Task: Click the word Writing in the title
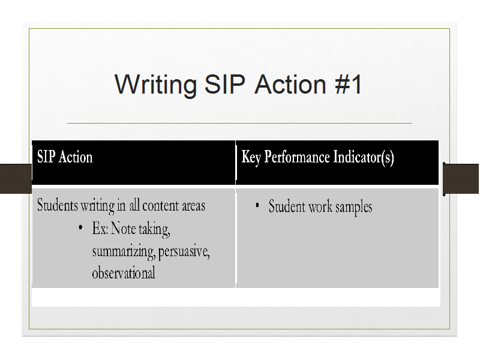[155, 85]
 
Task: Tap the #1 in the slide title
[349, 84]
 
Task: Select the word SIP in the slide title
[225, 84]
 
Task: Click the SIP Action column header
[65, 157]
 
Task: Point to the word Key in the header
[251, 158]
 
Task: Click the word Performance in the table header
[296, 157]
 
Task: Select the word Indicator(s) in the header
[364, 158]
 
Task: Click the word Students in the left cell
[58, 205]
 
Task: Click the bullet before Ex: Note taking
[80, 227]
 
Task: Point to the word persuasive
[184, 252]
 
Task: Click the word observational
[124, 273]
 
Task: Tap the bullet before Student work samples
[257, 205]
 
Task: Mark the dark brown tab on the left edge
[16, 179]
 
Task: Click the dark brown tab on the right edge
[461, 179]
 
